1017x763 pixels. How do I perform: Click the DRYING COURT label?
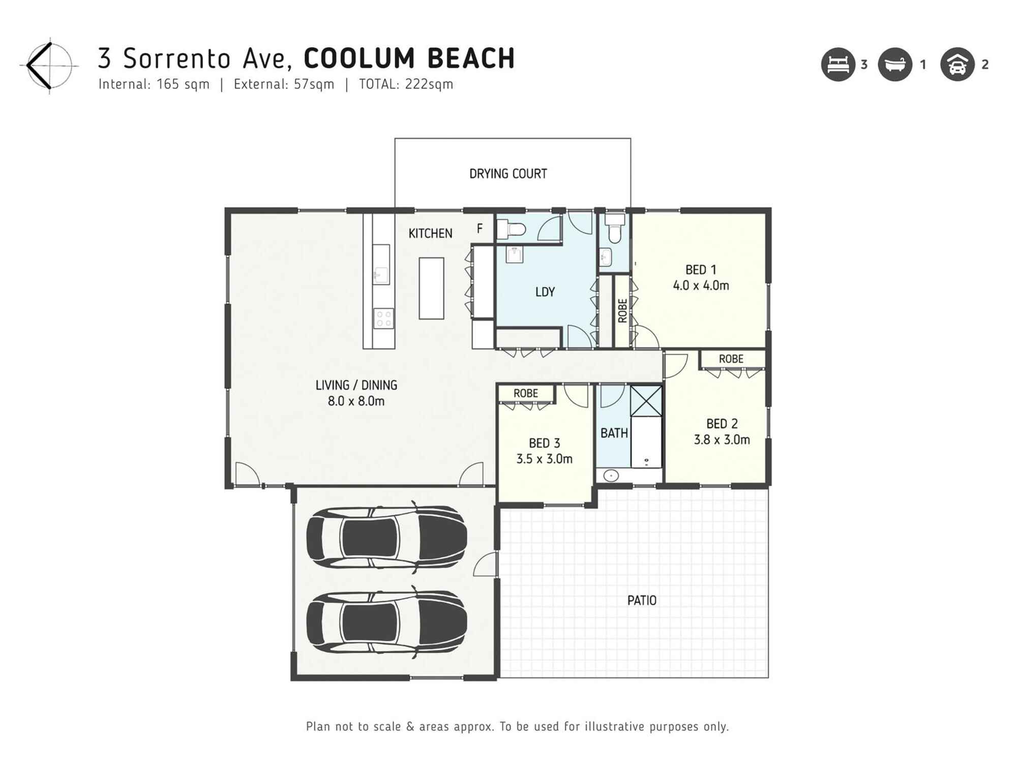tap(508, 174)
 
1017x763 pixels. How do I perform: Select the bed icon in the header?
tap(838, 65)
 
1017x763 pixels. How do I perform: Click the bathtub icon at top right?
tap(895, 65)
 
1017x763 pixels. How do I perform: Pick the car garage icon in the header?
tap(958, 65)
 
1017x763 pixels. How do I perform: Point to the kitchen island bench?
tap(431, 288)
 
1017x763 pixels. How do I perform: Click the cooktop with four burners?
tap(383, 319)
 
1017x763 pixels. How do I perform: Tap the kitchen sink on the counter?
tap(380, 275)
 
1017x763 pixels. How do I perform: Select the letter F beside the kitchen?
tap(480, 229)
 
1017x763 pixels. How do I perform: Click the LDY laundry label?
tap(545, 292)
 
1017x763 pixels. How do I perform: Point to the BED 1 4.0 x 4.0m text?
tap(701, 278)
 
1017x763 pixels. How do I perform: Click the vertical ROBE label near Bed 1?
tap(622, 310)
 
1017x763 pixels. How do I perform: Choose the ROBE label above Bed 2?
tap(731, 359)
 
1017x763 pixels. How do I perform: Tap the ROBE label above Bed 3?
tap(525, 394)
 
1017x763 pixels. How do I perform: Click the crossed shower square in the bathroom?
tap(646, 401)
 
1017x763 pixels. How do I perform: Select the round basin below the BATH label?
tap(611, 476)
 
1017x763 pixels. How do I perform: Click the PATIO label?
tap(642, 601)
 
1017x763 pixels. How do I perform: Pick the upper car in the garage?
tap(386, 537)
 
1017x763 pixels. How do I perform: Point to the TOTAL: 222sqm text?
tap(406, 84)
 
